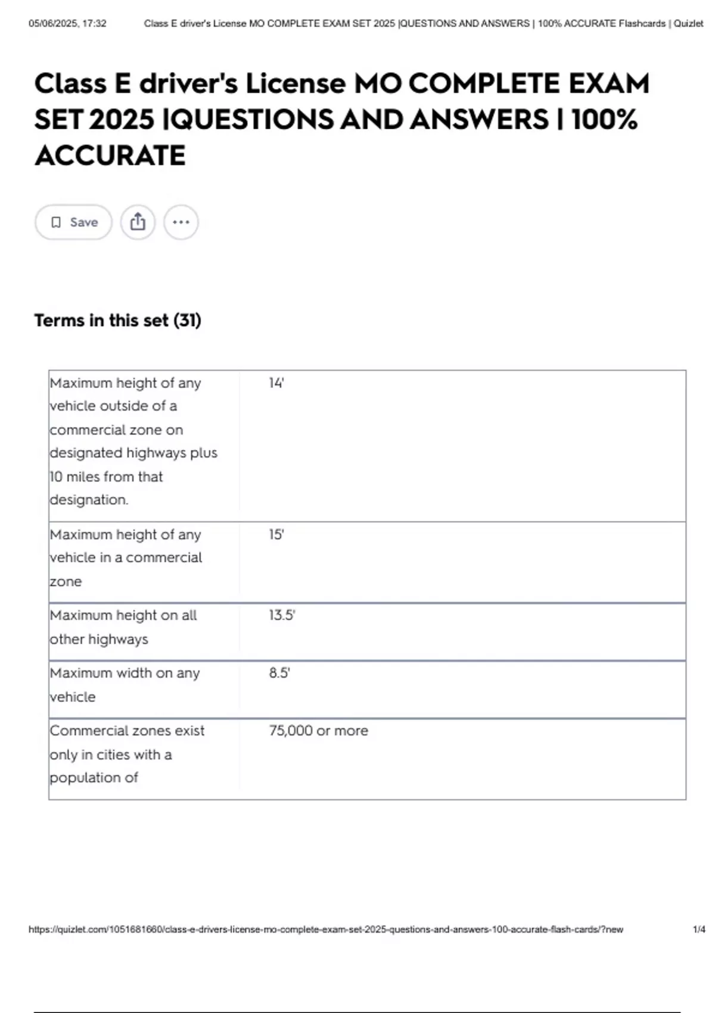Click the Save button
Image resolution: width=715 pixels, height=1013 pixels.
pos(73,222)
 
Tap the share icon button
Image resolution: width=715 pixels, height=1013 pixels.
pos(138,222)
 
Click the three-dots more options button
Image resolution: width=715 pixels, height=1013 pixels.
pos(181,222)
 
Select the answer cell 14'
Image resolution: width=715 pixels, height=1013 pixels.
pos(276,383)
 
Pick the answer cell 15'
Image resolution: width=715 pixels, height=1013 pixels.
pos(276,535)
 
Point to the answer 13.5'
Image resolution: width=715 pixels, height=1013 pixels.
pos(282,616)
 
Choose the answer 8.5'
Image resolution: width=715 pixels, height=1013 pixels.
pos(279,673)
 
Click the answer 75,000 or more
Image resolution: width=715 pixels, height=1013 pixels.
pos(318,731)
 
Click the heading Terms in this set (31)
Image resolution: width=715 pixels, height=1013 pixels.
pos(117,321)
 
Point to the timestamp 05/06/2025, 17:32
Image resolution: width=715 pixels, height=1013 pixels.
pos(67,24)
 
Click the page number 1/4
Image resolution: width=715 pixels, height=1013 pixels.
pos(699,930)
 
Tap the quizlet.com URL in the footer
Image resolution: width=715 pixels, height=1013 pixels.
pos(325,930)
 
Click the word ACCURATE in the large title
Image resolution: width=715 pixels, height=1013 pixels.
pos(110,156)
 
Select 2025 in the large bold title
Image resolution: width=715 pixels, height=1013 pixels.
pos(121,120)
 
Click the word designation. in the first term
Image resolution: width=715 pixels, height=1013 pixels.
pos(89,500)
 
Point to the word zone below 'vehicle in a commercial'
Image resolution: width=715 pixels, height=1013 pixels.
pos(66,582)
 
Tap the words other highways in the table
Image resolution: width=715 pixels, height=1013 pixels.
pos(99,639)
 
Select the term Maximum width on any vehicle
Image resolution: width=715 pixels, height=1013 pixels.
pos(125,685)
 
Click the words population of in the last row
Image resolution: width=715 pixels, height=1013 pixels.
pos(94,778)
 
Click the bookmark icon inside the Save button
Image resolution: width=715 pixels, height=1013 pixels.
pos(56,222)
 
